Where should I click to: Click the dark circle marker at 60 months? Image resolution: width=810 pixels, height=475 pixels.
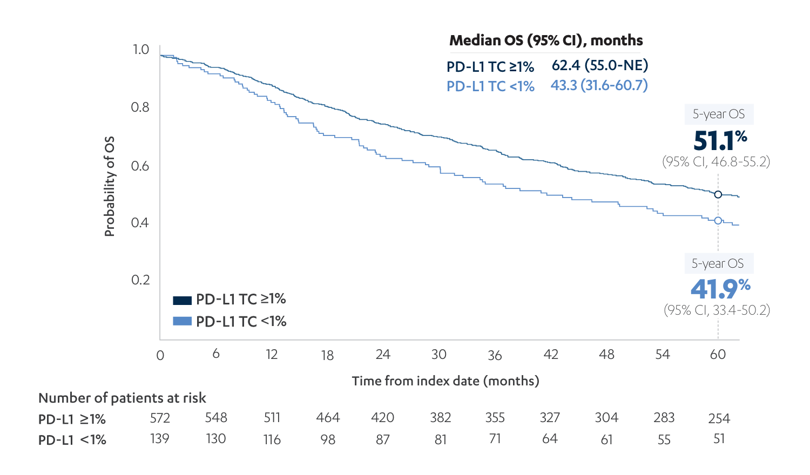pos(718,194)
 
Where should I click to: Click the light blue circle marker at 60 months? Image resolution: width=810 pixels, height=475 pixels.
pos(718,220)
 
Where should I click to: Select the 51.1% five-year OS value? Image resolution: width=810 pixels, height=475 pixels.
pos(719,141)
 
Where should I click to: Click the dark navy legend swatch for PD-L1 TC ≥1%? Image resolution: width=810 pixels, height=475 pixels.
pos(182,300)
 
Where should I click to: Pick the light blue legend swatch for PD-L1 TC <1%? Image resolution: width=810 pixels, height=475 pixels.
pos(182,321)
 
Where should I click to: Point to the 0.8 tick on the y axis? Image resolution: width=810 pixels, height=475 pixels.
pos(140,107)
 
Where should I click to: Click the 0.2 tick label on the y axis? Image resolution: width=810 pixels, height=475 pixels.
pos(140,280)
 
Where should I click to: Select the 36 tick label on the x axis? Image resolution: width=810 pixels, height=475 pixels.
pos(495,355)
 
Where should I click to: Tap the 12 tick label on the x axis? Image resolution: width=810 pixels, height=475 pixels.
pos(272,355)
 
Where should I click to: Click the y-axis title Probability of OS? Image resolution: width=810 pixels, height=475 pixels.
pos(110,187)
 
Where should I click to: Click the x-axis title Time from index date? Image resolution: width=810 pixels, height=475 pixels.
pos(446,381)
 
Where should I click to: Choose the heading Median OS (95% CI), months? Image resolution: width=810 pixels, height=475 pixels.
pos(546,40)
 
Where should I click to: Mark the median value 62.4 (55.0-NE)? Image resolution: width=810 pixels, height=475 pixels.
pos(599,65)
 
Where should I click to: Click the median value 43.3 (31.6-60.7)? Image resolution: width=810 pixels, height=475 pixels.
pos(599,85)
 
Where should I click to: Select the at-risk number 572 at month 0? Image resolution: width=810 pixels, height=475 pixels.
pos(160,418)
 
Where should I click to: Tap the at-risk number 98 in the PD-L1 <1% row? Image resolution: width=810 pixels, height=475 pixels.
pos(328,439)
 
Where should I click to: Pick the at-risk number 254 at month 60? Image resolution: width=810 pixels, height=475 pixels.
pos(719,418)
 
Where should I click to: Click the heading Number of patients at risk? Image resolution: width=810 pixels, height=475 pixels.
pos(122,398)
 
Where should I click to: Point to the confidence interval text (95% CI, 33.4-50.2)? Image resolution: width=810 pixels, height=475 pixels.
pos(717,310)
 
